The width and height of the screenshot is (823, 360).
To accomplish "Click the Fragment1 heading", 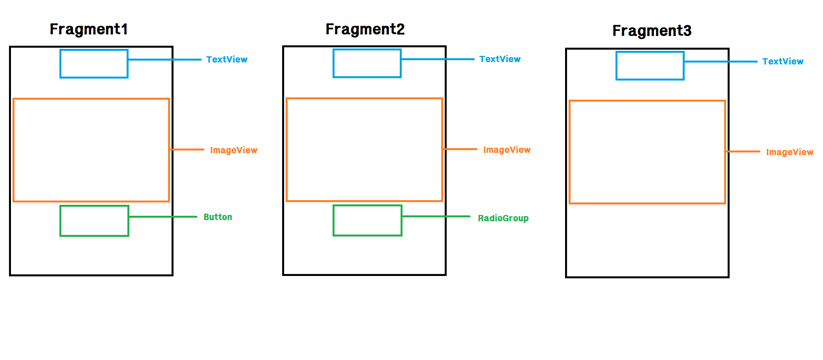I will click(x=89, y=29).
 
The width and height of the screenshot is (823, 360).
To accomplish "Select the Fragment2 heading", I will click(x=365, y=29).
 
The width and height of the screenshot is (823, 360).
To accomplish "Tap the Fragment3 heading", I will click(x=652, y=31).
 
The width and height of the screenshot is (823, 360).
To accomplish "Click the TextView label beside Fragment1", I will click(x=227, y=59).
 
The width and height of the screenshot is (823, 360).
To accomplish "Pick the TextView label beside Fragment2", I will click(x=500, y=59).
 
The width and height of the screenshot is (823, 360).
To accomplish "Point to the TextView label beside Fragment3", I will click(x=783, y=61).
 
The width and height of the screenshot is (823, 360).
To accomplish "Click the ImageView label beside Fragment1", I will click(x=234, y=150).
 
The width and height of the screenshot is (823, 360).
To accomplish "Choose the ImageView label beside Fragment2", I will click(x=507, y=150).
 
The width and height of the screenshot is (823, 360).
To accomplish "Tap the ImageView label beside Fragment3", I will click(x=790, y=152).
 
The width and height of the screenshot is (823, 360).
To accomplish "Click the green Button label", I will click(x=218, y=217).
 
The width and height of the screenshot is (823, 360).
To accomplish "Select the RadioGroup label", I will click(x=503, y=218).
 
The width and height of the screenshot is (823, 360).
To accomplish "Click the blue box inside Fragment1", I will click(x=94, y=64).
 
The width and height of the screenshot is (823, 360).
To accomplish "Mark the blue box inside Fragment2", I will click(x=367, y=63).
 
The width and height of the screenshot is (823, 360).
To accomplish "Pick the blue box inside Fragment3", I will click(x=650, y=66).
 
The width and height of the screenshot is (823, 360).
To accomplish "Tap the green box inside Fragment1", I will click(x=94, y=221).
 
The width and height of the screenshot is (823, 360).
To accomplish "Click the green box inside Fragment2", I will click(x=367, y=220).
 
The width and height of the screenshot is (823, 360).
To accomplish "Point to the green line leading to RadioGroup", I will click(x=436, y=216).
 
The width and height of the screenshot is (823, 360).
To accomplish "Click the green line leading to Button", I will click(x=163, y=217).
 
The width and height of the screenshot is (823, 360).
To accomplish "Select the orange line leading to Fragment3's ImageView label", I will click(x=742, y=151).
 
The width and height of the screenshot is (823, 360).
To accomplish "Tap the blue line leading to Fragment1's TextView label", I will click(x=164, y=59).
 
